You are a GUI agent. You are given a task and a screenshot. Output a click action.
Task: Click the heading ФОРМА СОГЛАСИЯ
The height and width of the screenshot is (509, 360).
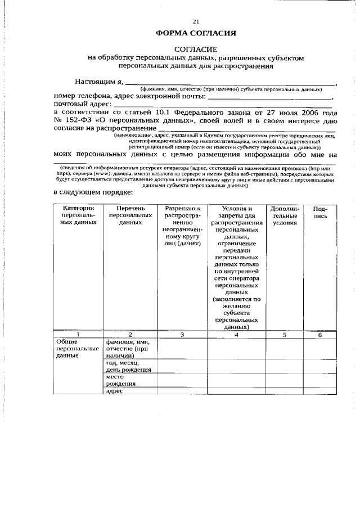[x=195, y=34]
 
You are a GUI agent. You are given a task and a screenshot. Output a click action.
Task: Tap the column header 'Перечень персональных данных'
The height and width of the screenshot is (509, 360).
[x=130, y=215]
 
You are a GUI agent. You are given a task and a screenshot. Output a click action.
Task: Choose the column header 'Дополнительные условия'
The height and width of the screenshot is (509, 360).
[x=285, y=215]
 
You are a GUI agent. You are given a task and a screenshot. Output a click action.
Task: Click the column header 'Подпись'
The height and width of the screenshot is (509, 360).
[x=320, y=212]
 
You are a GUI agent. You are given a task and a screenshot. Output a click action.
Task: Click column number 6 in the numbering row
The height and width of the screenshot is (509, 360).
[x=320, y=335]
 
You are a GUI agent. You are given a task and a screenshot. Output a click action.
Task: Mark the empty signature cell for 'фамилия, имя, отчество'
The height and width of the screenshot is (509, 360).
[x=320, y=349]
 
